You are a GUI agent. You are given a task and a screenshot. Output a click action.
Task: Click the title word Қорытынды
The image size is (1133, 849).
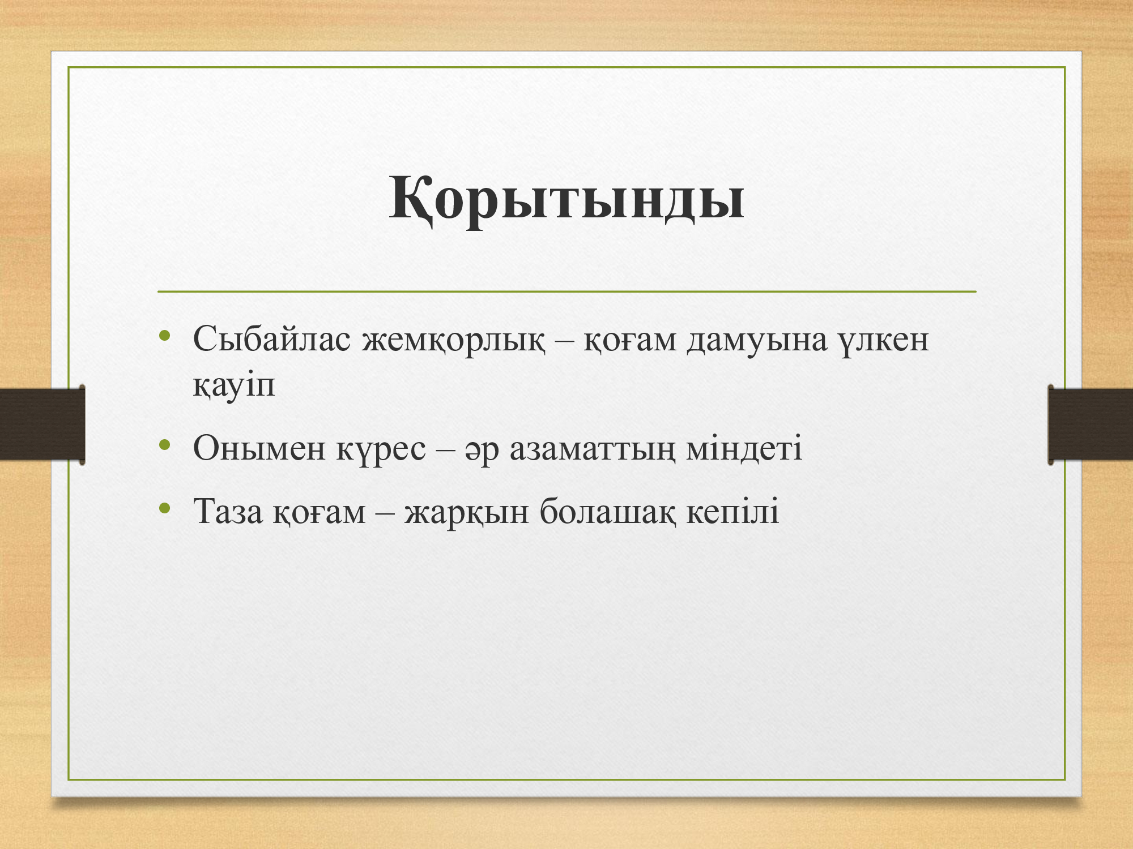click(x=566, y=199)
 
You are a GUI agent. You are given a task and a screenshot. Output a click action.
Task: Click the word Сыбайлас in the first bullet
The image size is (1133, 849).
click(x=271, y=340)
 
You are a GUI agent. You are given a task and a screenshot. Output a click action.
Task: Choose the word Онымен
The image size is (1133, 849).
click(x=259, y=448)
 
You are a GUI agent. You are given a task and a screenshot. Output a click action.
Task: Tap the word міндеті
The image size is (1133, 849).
click(x=744, y=448)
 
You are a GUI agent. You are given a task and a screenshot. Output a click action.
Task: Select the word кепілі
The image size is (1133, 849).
click(x=733, y=512)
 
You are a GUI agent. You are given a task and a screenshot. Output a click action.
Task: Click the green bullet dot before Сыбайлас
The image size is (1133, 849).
click(x=165, y=336)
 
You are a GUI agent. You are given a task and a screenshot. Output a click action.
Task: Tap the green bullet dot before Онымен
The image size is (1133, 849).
click(x=165, y=444)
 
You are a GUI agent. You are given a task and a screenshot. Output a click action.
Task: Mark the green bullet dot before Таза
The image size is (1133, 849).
click(x=165, y=508)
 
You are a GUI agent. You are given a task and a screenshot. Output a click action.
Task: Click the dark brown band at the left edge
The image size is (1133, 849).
click(x=42, y=424)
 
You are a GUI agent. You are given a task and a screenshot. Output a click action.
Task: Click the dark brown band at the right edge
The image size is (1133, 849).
click(x=1091, y=424)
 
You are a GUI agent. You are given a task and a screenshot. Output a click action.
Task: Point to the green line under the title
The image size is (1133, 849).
click(x=566, y=291)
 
